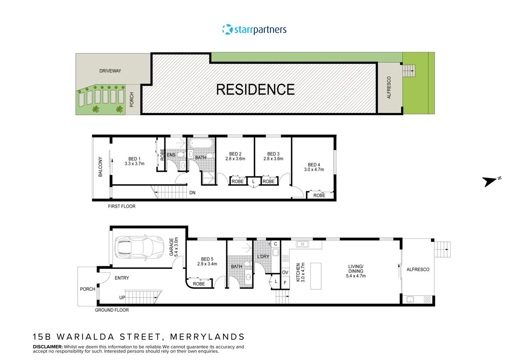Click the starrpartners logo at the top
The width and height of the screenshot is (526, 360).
(x=254, y=30)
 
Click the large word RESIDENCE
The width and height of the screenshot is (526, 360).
(x=256, y=89)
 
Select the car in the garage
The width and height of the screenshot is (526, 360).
(x=138, y=247)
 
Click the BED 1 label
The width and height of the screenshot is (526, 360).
(x=134, y=159)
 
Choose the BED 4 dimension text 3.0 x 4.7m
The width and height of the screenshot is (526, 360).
(x=314, y=169)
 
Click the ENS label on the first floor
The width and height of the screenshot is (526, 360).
(x=171, y=155)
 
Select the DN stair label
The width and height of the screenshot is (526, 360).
(x=192, y=193)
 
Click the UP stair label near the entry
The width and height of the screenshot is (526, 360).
(x=122, y=298)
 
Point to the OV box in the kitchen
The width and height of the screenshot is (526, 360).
(x=285, y=272)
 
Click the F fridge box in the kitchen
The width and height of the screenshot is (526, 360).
(x=285, y=282)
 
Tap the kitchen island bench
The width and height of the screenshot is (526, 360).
(x=316, y=276)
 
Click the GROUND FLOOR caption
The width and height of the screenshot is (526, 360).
(x=112, y=310)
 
